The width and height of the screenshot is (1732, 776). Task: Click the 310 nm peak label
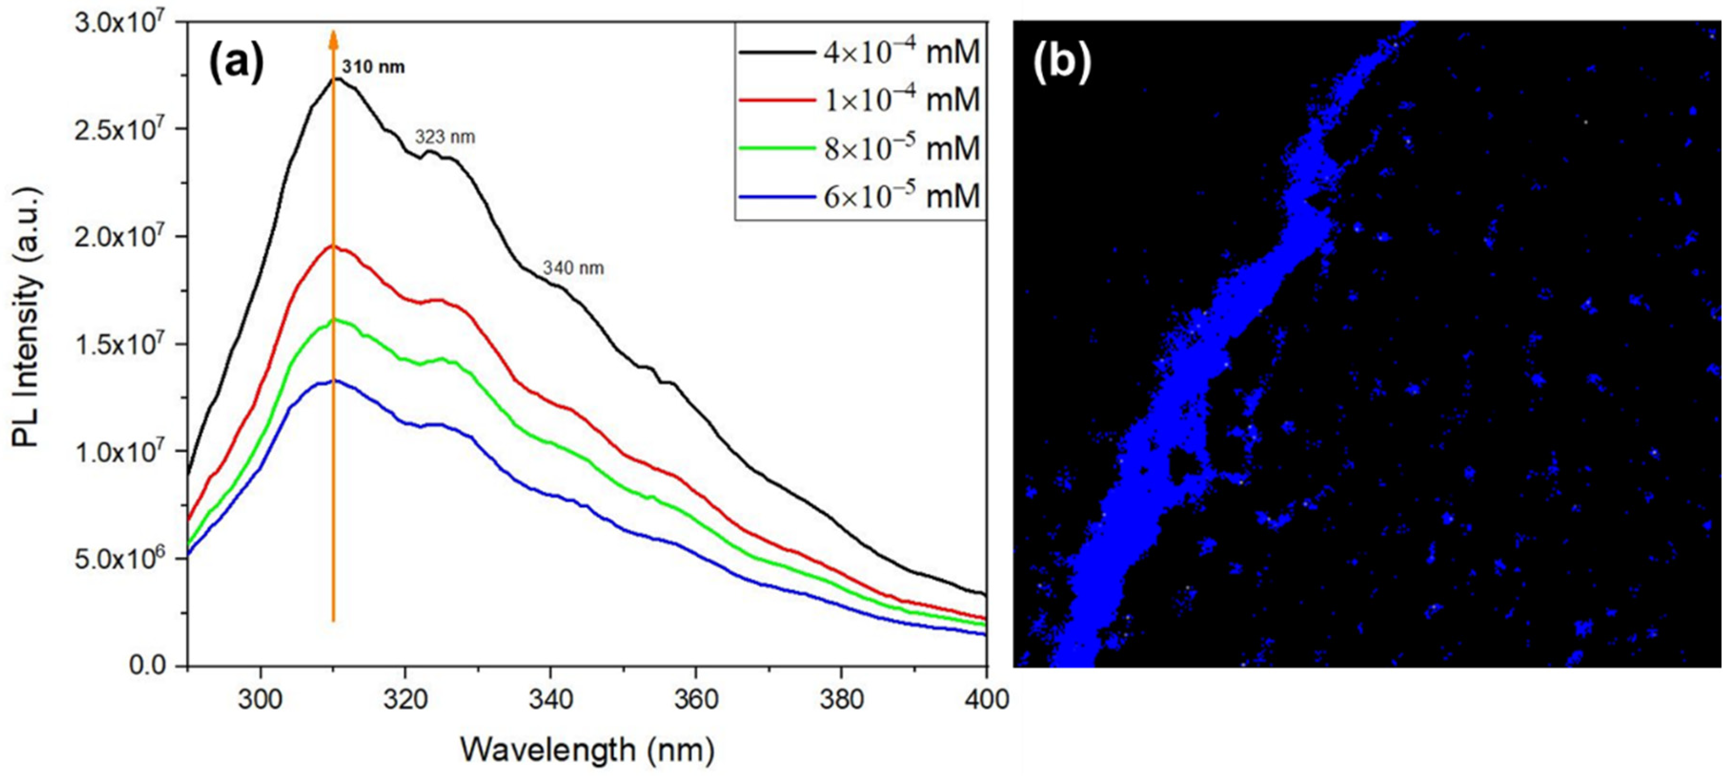click(373, 67)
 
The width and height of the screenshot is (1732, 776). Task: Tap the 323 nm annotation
click(445, 137)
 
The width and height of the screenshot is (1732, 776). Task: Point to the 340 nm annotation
click(574, 268)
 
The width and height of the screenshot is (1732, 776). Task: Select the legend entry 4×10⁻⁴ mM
click(860, 52)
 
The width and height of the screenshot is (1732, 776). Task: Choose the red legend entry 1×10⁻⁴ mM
click(860, 100)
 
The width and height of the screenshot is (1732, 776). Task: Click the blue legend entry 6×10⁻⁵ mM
click(860, 197)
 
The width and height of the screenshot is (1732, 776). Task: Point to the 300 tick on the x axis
click(260, 699)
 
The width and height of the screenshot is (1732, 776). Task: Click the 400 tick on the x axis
click(986, 699)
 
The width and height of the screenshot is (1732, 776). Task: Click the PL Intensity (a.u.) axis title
click(28, 317)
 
